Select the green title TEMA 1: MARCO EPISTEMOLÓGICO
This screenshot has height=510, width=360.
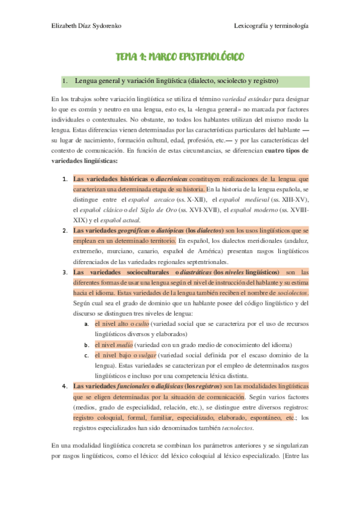pyautogui.click(x=180, y=57)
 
